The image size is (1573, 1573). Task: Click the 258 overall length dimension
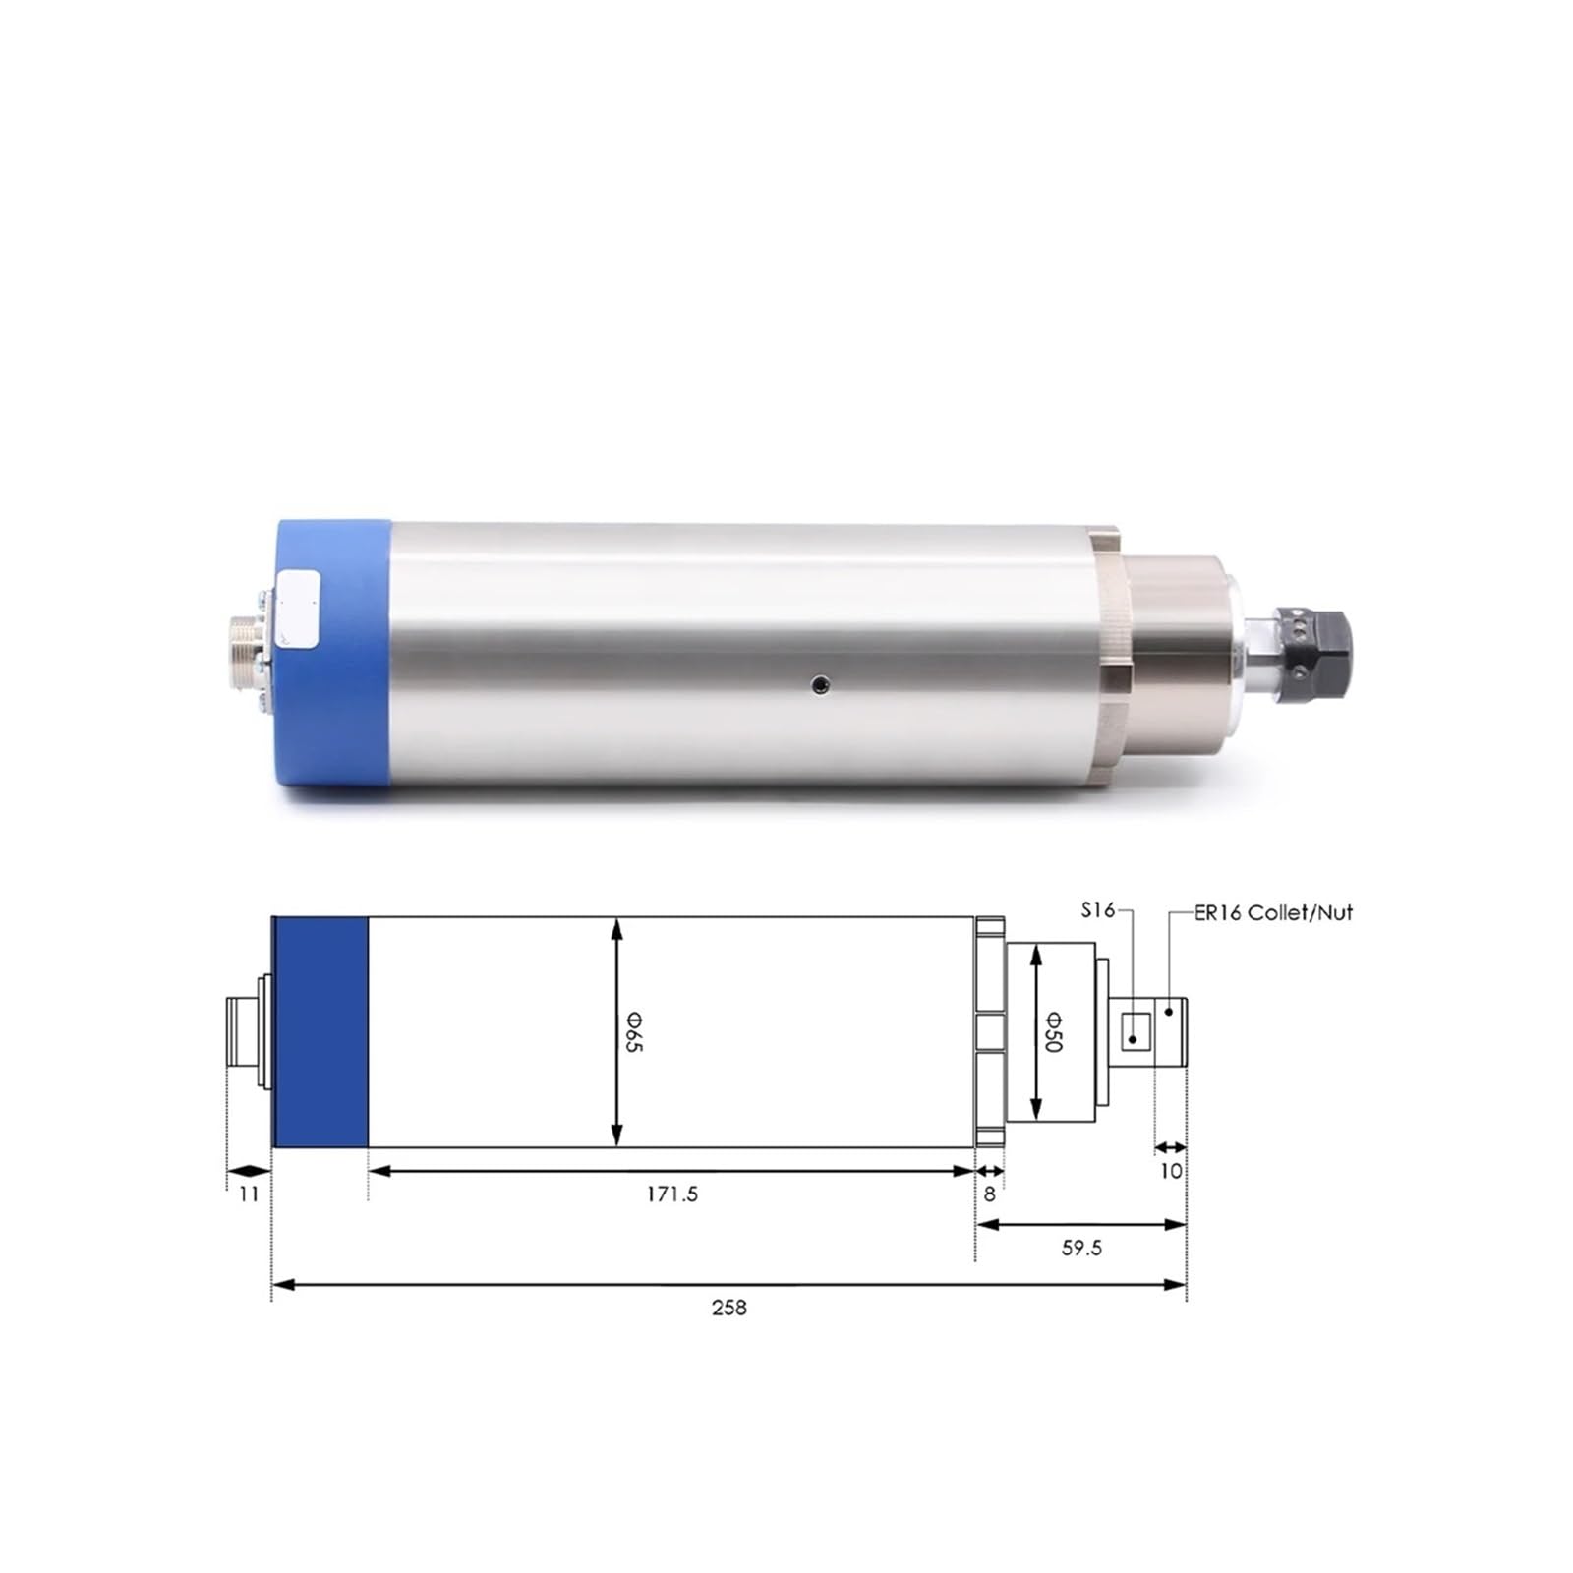click(729, 1308)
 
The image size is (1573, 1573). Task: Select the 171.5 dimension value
click(672, 1194)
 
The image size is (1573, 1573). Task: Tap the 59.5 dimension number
click(1081, 1248)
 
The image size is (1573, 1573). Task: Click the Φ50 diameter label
click(1052, 1031)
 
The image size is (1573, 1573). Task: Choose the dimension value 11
click(249, 1194)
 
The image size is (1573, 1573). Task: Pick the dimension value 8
click(989, 1194)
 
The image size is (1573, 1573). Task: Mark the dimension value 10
click(1170, 1171)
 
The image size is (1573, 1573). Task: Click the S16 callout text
click(1098, 910)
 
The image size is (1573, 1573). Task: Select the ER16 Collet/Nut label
click(1273, 912)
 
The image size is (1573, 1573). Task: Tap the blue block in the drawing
click(320, 1031)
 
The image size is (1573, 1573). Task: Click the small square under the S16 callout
click(1136, 1031)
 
